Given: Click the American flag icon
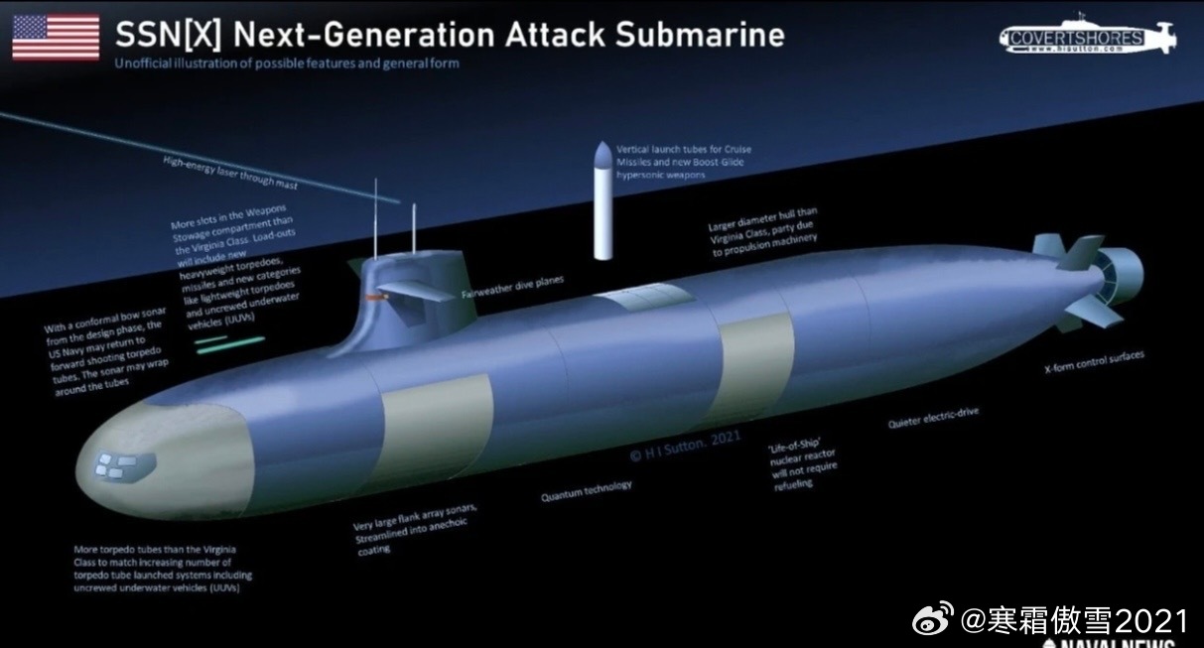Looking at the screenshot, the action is [x=56, y=38].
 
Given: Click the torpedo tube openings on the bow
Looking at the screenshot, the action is [x=117, y=463].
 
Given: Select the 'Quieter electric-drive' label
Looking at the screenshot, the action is [x=933, y=418].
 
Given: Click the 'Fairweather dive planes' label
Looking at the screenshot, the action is [x=512, y=287].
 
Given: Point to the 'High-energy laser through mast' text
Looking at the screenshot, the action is [x=230, y=171].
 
